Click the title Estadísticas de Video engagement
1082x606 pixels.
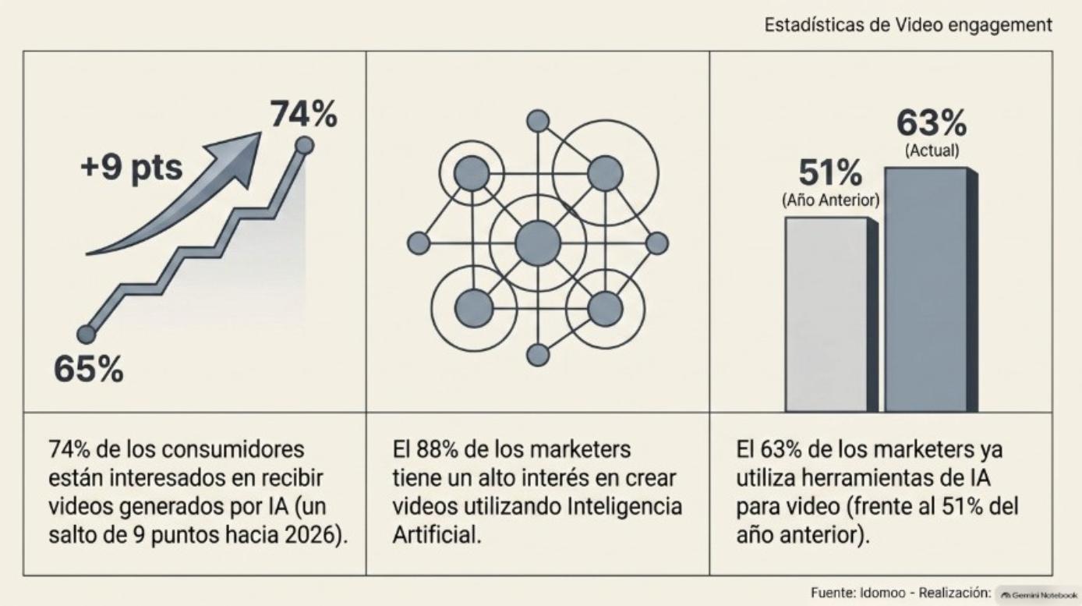click(x=908, y=25)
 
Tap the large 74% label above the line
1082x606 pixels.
click(x=304, y=114)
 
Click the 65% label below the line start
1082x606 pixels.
click(x=89, y=369)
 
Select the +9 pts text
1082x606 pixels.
click(x=132, y=168)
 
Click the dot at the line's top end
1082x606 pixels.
click(x=304, y=145)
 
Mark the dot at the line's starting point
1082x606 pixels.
click(x=87, y=334)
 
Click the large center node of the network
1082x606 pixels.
click(x=538, y=243)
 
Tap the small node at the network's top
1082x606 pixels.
click(x=538, y=121)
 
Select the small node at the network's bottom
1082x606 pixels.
click(x=538, y=355)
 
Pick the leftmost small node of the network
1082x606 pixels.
click(x=419, y=243)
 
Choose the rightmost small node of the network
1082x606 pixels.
click(x=657, y=243)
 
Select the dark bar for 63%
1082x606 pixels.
click(x=931, y=289)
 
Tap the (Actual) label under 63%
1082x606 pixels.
click(x=932, y=151)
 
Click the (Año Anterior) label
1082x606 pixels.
click(x=831, y=200)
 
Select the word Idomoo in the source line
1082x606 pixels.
click(x=882, y=593)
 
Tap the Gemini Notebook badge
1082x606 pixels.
click(x=1038, y=595)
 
